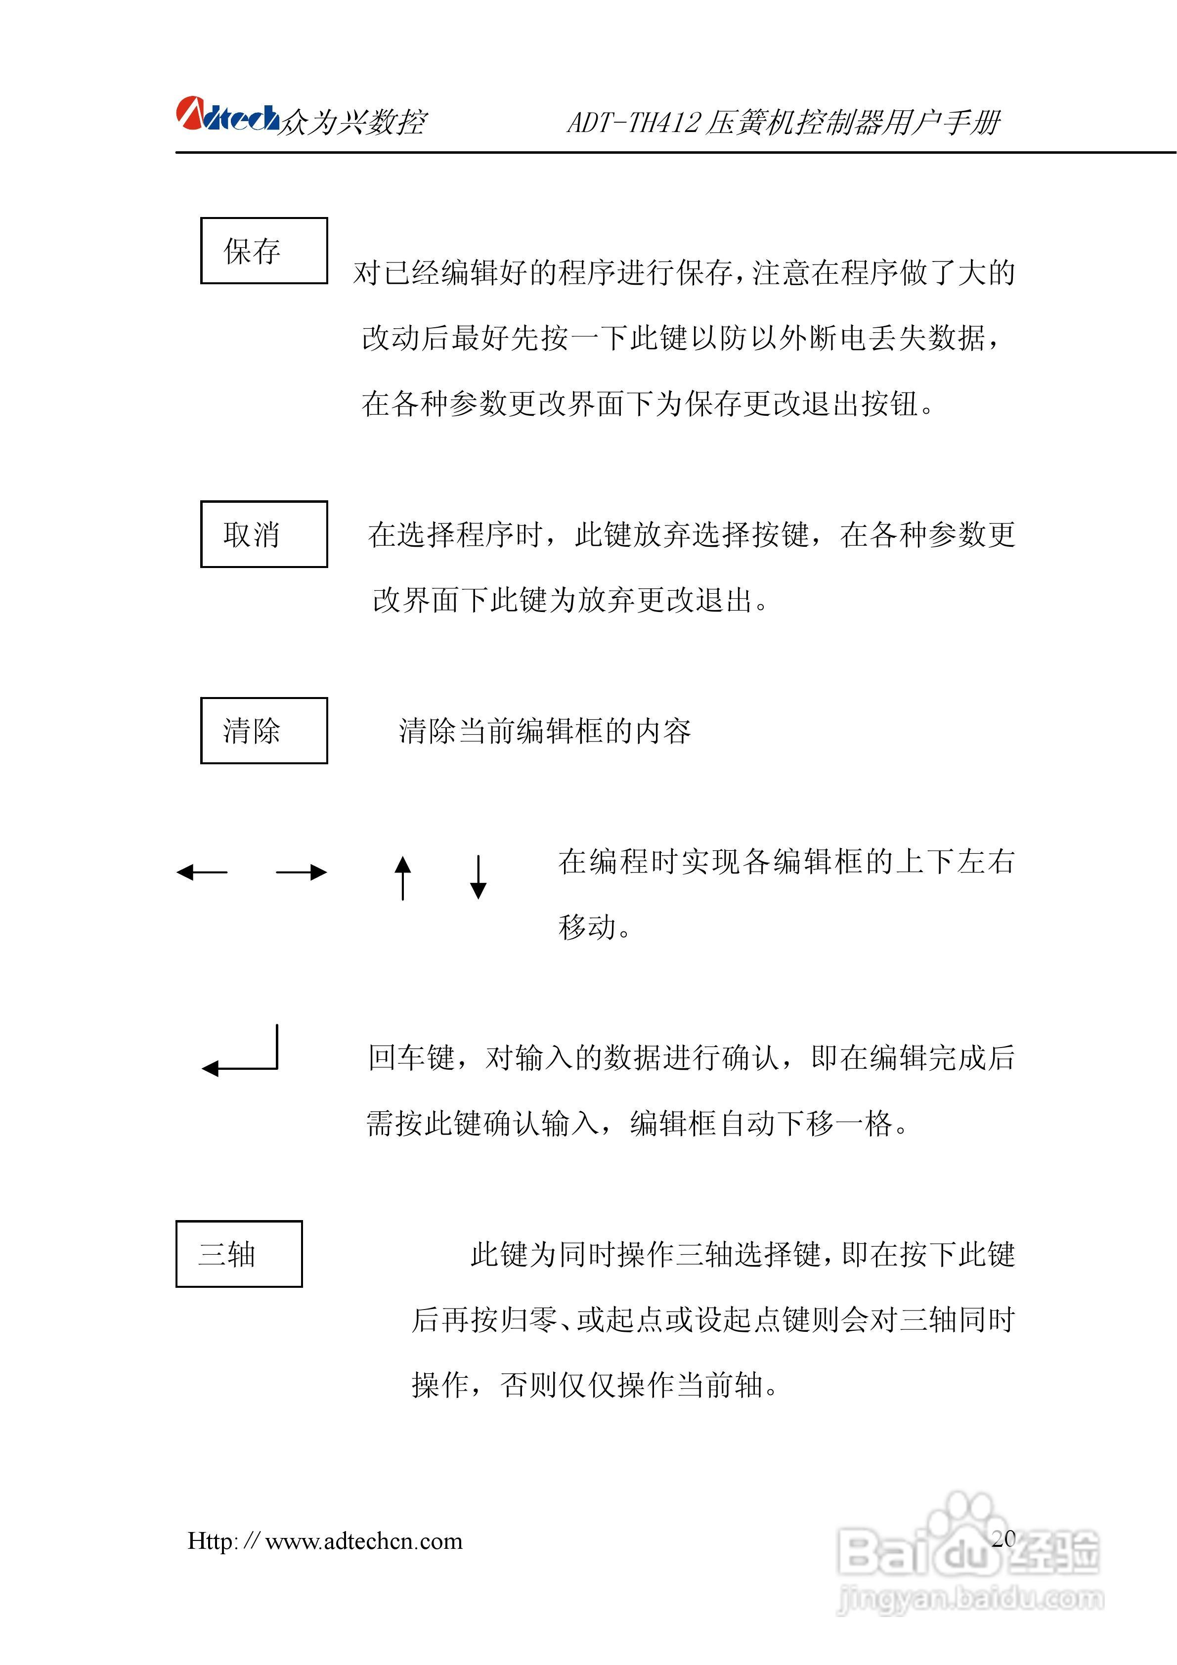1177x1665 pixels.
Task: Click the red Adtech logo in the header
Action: [226, 116]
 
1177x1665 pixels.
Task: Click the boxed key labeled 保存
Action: [264, 251]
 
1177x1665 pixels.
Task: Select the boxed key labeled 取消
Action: [264, 534]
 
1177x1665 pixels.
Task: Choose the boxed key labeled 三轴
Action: [239, 1254]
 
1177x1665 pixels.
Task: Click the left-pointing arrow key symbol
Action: [202, 873]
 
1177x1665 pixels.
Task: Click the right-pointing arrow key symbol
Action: [302, 873]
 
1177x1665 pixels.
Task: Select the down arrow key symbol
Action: [478, 877]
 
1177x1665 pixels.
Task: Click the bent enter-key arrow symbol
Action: [241, 1053]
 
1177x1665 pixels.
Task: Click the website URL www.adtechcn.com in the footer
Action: [363, 1541]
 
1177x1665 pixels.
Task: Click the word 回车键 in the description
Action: [411, 1058]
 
